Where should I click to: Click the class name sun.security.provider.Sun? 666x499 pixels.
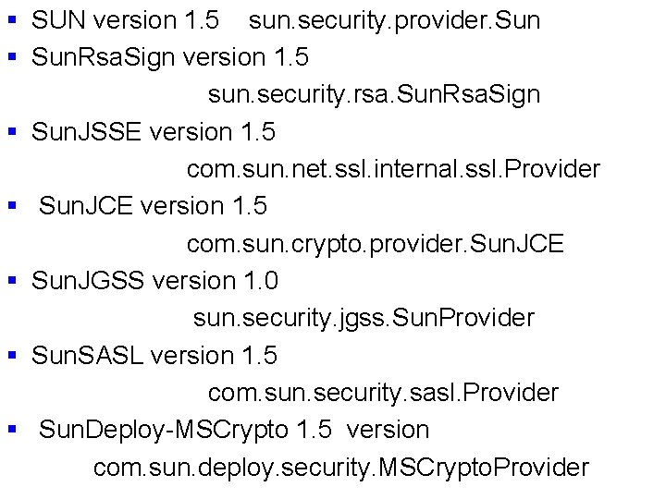pos(395,19)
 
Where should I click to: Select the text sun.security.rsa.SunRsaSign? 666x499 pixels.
pos(374,94)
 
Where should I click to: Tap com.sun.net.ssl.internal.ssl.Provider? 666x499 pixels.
pos(393,169)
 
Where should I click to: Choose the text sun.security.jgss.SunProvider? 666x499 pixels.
pos(364,318)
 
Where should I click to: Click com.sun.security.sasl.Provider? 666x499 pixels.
pos(383,393)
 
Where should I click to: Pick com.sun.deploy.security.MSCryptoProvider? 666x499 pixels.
pos(340,468)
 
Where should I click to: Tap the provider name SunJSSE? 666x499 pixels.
pos(86,132)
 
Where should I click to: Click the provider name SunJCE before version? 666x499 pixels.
pos(85,206)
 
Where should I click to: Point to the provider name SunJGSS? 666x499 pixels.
pos(88,281)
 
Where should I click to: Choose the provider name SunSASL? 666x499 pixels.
pos(87,356)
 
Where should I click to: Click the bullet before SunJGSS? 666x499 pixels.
pos(13,281)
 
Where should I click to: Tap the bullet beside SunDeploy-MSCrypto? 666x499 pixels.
pos(13,431)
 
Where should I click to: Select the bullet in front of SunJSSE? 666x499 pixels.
pos(13,132)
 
